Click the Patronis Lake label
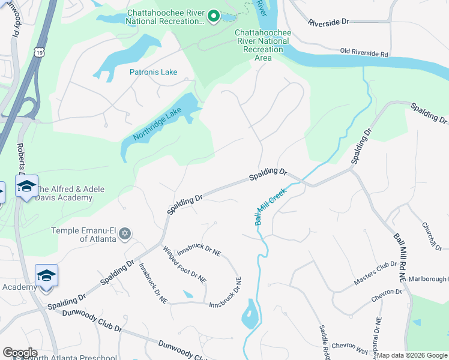pyautogui.click(x=154, y=72)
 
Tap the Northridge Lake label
pyautogui.click(x=157, y=124)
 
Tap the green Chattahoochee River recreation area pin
pyautogui.click(x=212, y=16)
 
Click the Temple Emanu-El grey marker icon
pyautogui.click(x=125, y=233)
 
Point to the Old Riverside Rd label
pyautogui.click(x=364, y=53)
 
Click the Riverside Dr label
pyautogui.click(x=328, y=22)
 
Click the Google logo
pyautogui.click(x=20, y=353)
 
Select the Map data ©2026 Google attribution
pyautogui.click(x=412, y=355)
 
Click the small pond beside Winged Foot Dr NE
pyautogui.click(x=188, y=295)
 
